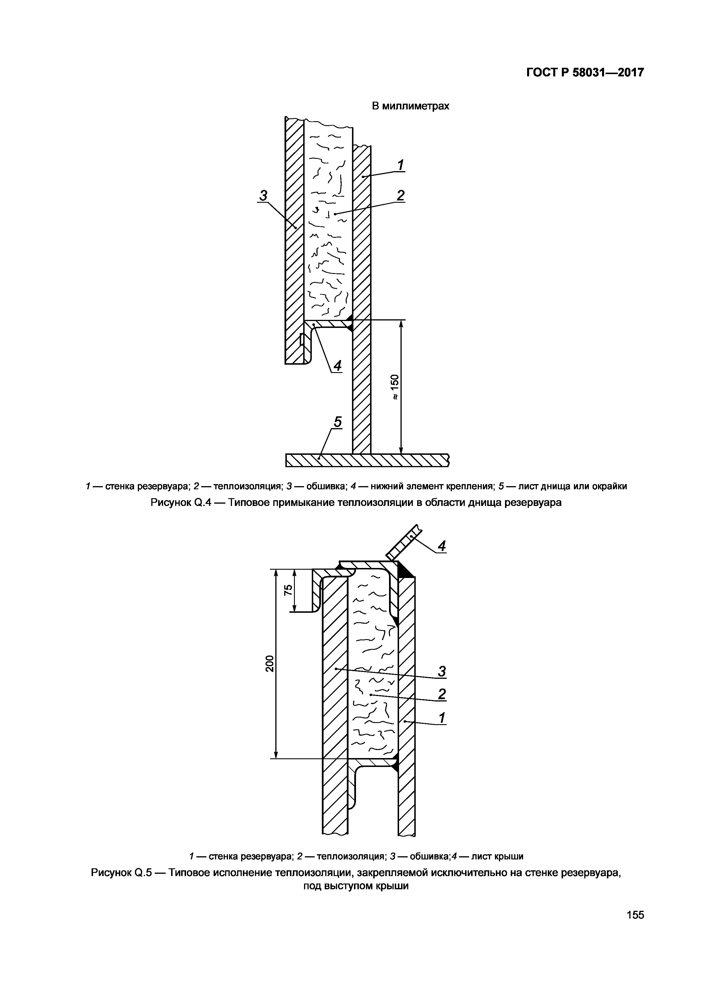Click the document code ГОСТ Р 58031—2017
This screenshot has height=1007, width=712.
click(x=585, y=72)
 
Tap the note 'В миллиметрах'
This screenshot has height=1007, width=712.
click(x=410, y=106)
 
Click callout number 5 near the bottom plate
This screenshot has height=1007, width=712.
click(x=338, y=422)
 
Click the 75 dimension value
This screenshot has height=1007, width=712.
click(x=288, y=590)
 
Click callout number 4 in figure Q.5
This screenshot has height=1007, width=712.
click(x=442, y=546)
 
